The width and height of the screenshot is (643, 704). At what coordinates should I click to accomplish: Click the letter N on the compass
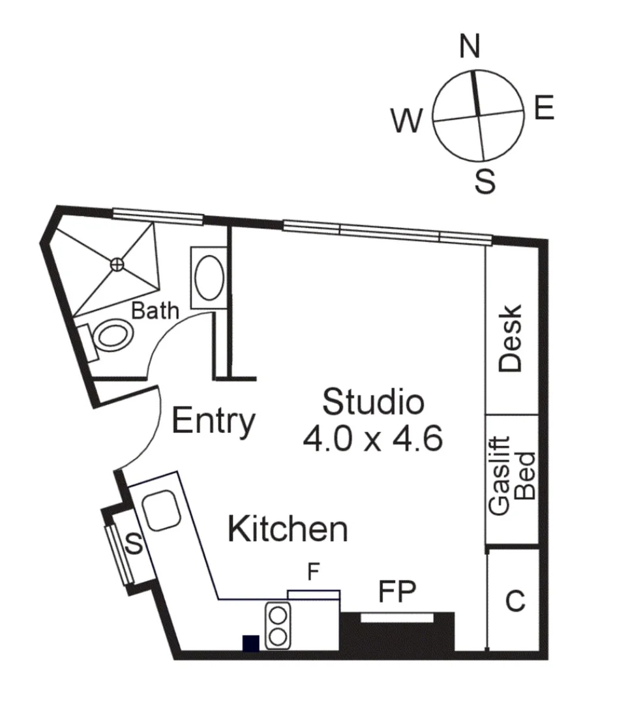(x=470, y=47)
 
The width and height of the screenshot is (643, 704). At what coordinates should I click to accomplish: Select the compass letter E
(x=544, y=108)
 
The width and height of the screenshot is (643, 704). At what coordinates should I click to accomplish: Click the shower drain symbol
(x=117, y=264)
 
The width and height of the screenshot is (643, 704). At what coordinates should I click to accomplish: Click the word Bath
(x=155, y=311)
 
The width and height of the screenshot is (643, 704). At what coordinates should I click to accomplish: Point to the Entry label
(x=213, y=422)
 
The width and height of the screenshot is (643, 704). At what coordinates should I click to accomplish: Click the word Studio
(x=373, y=402)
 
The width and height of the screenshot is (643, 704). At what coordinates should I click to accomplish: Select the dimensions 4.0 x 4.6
(x=373, y=438)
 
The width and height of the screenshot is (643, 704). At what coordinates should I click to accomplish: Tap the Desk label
(x=511, y=338)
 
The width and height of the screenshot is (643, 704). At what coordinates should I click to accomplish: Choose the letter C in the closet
(x=515, y=601)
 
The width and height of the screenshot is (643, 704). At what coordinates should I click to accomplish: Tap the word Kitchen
(x=288, y=529)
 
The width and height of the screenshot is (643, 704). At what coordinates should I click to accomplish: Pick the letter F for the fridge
(x=314, y=573)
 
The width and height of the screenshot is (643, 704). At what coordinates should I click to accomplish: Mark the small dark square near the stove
(x=250, y=643)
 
